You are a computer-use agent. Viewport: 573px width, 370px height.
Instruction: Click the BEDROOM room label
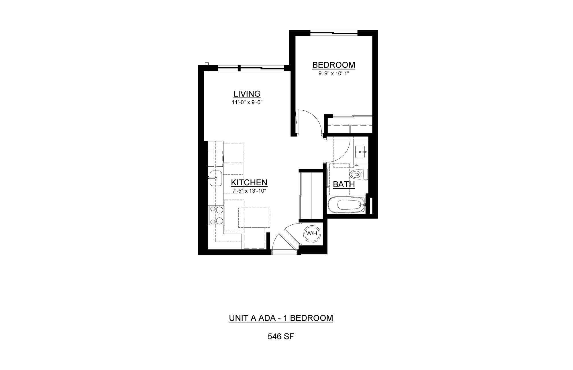click(x=333, y=65)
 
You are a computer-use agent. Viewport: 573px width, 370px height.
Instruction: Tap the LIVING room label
click(x=247, y=94)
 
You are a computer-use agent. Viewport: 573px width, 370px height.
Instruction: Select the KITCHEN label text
click(x=249, y=182)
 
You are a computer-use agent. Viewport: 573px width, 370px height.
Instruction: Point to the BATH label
click(x=344, y=184)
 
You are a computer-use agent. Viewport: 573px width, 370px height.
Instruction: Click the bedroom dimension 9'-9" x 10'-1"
click(x=333, y=73)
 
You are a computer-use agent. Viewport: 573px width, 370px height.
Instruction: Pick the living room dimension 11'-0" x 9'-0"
click(x=247, y=102)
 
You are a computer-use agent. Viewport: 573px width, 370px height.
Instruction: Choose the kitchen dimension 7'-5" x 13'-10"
click(x=249, y=191)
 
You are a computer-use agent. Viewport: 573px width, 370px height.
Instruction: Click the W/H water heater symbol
click(x=312, y=233)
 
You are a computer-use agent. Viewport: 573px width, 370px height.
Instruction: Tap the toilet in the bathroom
click(x=358, y=174)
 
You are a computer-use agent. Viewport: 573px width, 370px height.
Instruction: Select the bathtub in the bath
click(x=346, y=205)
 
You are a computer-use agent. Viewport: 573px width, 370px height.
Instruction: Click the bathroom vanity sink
click(x=360, y=152)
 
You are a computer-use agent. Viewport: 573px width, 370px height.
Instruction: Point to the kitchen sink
click(x=216, y=178)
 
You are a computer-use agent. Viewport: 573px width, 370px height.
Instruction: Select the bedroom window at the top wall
click(x=334, y=33)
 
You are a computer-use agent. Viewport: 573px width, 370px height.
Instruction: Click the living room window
click(x=251, y=68)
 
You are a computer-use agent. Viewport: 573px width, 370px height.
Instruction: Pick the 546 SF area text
click(x=281, y=337)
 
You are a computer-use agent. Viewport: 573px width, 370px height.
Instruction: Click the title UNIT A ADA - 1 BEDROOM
click(x=281, y=318)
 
